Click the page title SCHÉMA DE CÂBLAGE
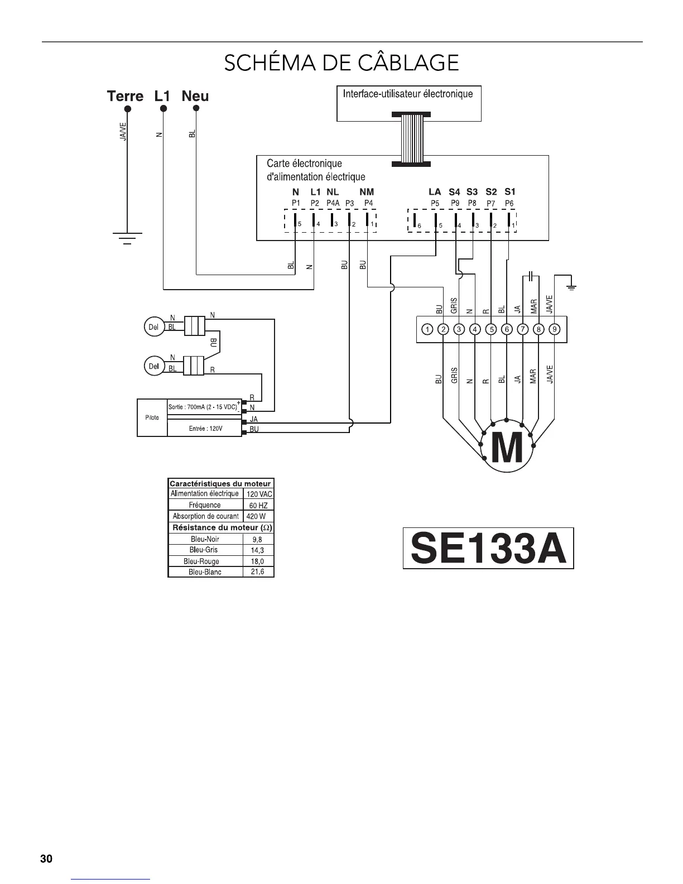click(341, 62)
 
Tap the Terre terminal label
click(125, 96)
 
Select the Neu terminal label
click(195, 96)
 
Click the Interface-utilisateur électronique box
click(408, 103)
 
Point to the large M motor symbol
click(507, 448)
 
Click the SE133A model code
click(488, 549)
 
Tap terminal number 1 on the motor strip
click(427, 329)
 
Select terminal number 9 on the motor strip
click(554, 329)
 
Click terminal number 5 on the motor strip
click(490, 329)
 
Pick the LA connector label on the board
click(435, 192)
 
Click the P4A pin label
click(333, 203)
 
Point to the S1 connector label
click(509, 192)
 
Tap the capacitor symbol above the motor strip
click(531, 276)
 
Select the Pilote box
click(152, 417)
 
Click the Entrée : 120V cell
click(205, 429)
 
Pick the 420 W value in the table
click(256, 516)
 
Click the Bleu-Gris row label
click(204, 550)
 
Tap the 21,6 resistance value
click(257, 572)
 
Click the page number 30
click(46, 859)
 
